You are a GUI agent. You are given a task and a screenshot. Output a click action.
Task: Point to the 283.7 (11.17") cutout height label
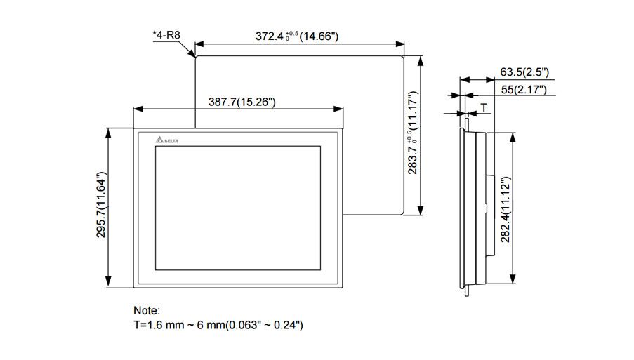(414, 133)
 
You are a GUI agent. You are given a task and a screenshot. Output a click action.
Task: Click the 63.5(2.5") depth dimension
(524, 72)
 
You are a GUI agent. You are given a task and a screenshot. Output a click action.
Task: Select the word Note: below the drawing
(147, 310)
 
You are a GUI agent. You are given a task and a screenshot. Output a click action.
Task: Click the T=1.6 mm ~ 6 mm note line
(218, 325)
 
